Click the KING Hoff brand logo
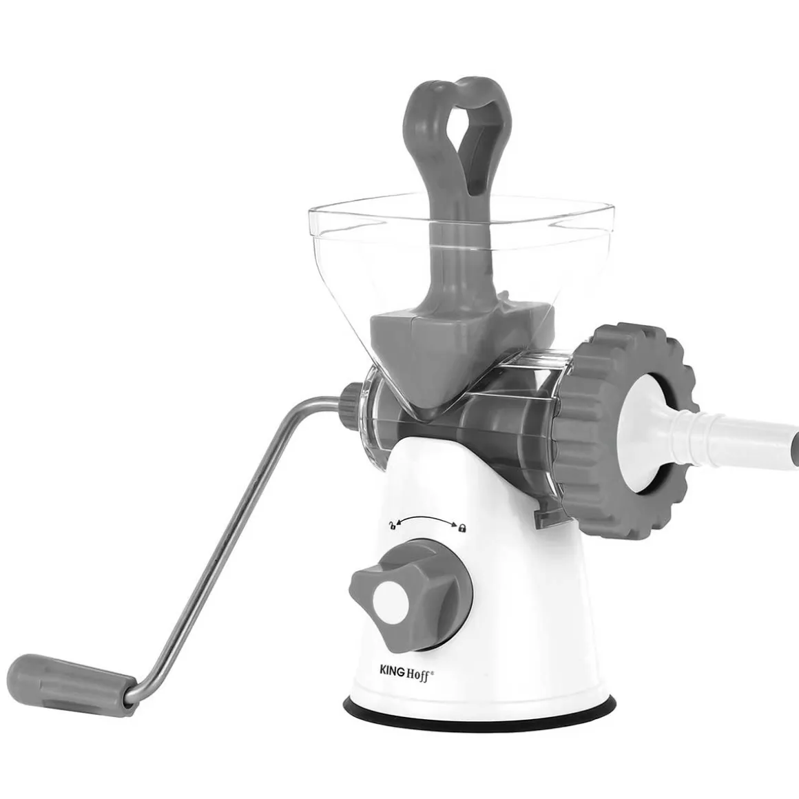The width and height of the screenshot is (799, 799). coord(406,672)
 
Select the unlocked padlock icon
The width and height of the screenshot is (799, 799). coord(392,525)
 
